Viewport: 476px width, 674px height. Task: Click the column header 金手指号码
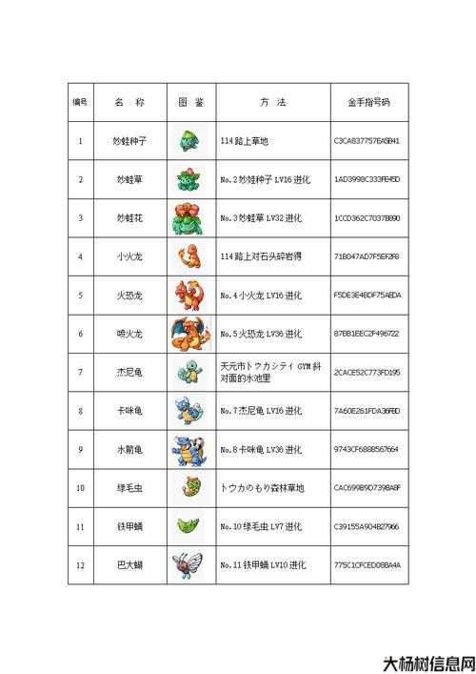367,102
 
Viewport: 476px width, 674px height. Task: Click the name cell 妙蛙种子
129,141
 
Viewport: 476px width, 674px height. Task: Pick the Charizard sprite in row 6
188,334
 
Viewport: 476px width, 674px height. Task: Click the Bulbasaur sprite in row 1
189,141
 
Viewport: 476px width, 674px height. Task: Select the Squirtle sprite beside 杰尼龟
188,372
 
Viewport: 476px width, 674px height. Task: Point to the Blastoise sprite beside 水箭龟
188,449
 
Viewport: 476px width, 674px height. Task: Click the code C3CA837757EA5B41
367,141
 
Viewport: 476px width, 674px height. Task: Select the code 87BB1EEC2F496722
367,334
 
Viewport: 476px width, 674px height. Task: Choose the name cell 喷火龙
129,334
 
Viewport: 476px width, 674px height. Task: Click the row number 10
81,488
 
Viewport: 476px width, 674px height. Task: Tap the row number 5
81,296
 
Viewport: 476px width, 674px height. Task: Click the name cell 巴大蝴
129,565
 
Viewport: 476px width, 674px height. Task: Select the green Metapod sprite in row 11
188,526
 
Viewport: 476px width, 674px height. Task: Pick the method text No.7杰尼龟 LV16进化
261,411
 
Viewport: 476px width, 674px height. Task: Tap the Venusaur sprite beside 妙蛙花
189,218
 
